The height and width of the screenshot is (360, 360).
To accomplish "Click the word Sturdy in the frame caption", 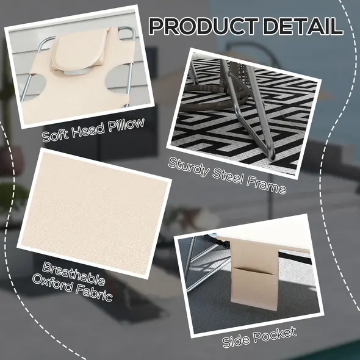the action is coord(189,167).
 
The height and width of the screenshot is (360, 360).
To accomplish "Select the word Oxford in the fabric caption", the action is coord(52,283).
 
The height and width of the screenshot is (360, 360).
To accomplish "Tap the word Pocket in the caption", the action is coord(275,334).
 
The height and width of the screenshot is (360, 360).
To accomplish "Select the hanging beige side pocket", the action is coord(254,275).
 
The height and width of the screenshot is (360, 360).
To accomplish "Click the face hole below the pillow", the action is coord(75,73).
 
